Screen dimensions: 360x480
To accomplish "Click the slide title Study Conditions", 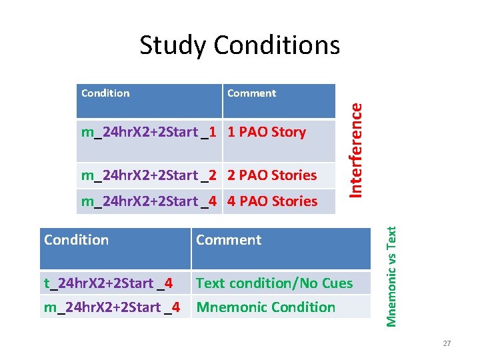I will point(239,45).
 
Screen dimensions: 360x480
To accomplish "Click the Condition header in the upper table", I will point(105,93).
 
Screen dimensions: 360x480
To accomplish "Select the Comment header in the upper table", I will point(251,93).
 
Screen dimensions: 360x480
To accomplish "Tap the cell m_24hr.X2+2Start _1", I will point(148,132).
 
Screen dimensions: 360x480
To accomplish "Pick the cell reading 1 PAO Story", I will point(267,132).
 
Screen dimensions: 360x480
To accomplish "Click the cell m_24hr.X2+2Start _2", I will point(148,175).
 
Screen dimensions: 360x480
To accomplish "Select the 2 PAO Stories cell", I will point(272,175).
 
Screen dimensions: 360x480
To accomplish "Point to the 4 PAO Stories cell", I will point(272,201).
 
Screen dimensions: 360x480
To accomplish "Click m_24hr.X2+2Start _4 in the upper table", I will point(148,201).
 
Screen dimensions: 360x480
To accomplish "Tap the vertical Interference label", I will point(357,149).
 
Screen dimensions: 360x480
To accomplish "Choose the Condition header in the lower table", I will point(76,240).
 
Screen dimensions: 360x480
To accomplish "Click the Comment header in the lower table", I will point(229,240).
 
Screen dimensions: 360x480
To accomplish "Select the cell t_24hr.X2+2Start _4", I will point(108,283).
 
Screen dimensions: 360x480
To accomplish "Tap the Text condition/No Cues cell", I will point(274,283).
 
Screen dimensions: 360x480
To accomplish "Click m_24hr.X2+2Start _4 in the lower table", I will point(111,307).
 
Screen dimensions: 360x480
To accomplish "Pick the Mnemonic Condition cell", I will point(265,307).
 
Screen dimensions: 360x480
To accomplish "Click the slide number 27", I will point(447,343).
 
